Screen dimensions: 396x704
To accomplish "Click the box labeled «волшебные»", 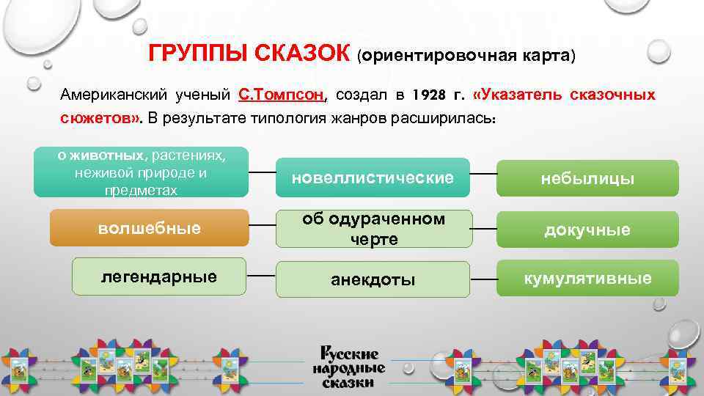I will (x=149, y=228).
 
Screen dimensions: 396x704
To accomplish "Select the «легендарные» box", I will (x=159, y=276).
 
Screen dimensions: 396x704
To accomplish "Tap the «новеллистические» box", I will (x=373, y=177).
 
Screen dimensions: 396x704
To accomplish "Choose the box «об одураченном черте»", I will (x=373, y=229).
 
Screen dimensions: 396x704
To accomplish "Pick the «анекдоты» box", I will (x=373, y=279).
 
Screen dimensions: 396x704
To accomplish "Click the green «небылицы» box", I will (x=587, y=179).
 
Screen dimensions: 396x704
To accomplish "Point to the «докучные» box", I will (x=587, y=230).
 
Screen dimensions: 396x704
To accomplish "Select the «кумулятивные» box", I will (x=587, y=279).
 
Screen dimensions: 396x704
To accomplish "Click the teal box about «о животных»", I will (x=141, y=172).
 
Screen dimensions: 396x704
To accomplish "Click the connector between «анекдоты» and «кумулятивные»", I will (x=483, y=279).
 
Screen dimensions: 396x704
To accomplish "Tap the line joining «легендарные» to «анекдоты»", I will (x=260, y=276).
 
